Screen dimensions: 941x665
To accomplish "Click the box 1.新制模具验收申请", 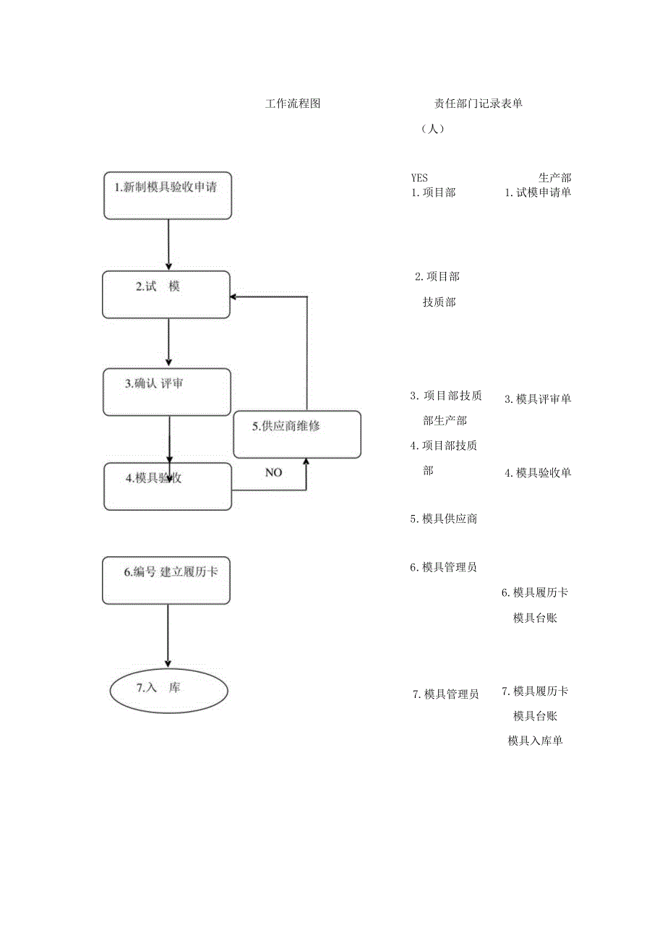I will tap(168, 195).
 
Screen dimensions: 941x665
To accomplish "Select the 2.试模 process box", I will tap(166, 294).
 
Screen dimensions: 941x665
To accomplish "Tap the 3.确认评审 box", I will tap(166, 392).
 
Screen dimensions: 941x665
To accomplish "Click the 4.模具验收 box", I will tap(168, 486).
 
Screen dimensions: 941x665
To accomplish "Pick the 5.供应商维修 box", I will tap(297, 434).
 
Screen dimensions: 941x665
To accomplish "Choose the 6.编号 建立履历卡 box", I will tap(166, 580).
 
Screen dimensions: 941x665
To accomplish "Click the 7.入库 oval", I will tap(168, 691).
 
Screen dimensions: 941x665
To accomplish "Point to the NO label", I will tap(273, 472).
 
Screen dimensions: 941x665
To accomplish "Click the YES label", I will tap(419, 178).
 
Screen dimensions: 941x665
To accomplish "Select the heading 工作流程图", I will tap(293, 103).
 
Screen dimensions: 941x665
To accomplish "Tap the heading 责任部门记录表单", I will tap(478, 103).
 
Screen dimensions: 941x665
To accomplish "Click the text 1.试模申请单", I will tap(538, 192).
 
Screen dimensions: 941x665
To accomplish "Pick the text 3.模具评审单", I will tap(538, 399).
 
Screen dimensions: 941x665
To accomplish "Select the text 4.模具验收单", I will tap(538, 473).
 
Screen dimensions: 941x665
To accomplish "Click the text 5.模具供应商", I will tap(443, 519).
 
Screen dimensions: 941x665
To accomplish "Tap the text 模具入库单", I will tap(535, 741).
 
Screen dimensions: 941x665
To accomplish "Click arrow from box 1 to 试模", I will tap(168, 244).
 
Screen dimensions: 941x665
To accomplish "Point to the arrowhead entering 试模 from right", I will tap(233, 297).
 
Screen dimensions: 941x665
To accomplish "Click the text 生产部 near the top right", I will tap(554, 178).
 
